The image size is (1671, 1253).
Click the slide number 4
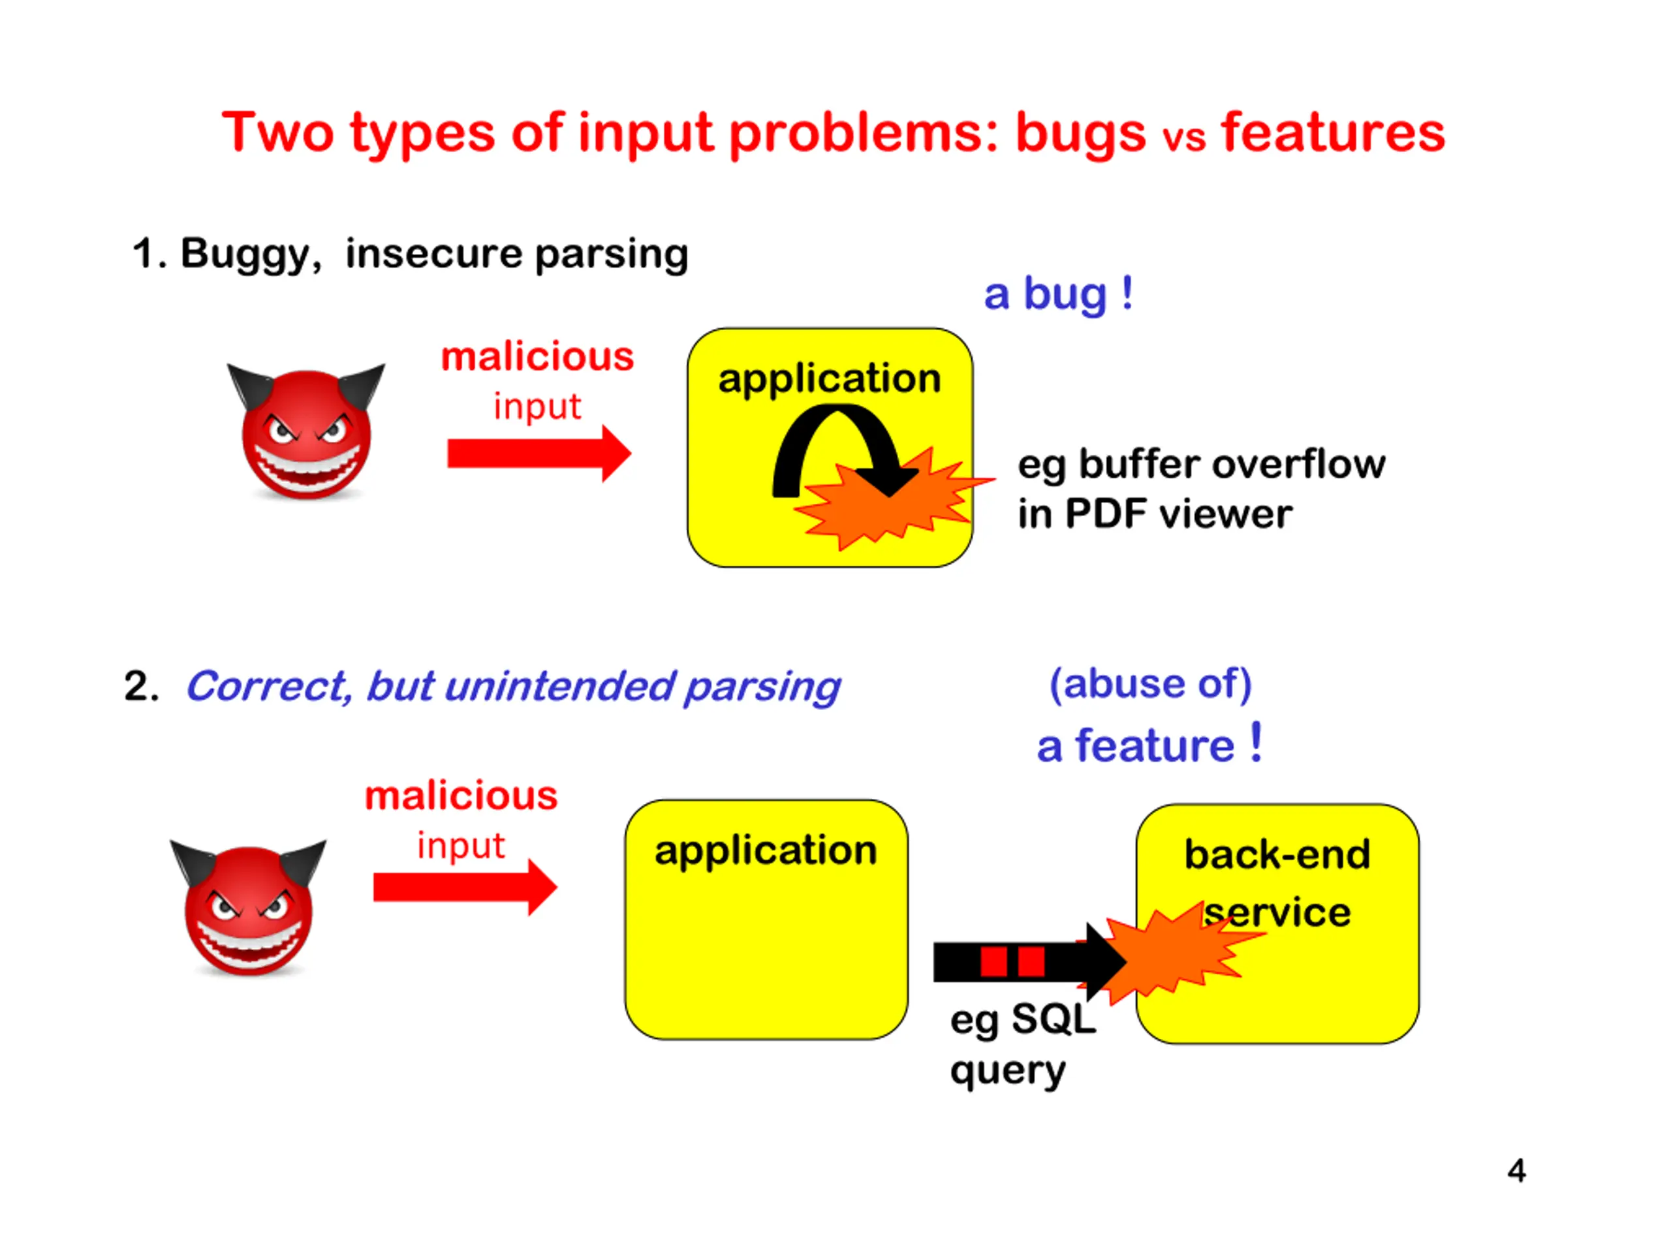point(1516,1171)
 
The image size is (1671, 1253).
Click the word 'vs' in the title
point(1184,139)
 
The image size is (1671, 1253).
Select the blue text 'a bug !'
point(1057,294)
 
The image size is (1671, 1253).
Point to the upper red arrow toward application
point(539,453)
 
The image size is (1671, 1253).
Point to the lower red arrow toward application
point(465,887)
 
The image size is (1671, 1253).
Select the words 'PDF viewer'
point(1178,514)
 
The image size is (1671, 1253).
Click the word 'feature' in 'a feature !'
point(1154,746)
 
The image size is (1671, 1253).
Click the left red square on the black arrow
point(993,962)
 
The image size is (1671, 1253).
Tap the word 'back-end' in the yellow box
point(1277,855)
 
